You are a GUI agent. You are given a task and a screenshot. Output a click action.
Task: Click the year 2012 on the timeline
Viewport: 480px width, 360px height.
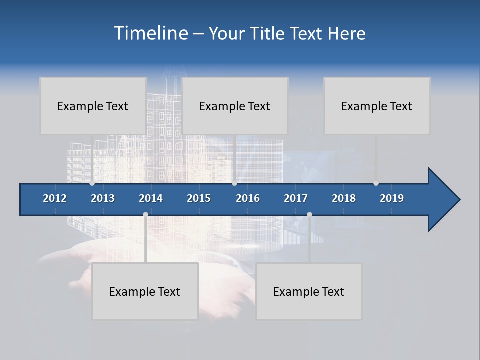click(55, 198)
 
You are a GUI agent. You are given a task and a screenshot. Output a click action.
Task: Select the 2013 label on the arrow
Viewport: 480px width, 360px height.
click(103, 198)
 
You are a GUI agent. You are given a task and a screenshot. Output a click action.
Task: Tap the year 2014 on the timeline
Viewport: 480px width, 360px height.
click(151, 198)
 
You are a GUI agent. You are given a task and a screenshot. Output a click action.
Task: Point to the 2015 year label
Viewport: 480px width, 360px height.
click(199, 198)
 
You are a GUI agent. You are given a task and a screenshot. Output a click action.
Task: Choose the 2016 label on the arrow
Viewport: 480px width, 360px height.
click(248, 198)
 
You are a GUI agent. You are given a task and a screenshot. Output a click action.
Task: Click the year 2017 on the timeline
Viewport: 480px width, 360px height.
click(296, 198)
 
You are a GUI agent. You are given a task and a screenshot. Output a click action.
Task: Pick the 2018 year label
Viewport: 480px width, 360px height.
click(344, 198)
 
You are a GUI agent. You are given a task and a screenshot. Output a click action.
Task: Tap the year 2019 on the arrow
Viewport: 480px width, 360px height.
click(392, 198)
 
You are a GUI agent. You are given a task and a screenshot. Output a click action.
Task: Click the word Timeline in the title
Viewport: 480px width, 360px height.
click(150, 33)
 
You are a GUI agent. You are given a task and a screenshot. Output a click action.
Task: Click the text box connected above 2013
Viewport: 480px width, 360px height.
click(93, 106)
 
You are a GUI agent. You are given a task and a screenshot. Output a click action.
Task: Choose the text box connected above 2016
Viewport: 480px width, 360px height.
click(235, 106)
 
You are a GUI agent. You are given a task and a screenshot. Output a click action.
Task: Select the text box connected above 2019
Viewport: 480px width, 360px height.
click(377, 106)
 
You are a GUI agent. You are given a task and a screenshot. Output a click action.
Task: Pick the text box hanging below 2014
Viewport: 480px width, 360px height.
click(145, 291)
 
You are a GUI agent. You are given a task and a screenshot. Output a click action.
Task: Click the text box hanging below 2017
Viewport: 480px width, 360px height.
click(309, 291)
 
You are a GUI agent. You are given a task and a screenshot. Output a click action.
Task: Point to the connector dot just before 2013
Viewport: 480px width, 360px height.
click(92, 183)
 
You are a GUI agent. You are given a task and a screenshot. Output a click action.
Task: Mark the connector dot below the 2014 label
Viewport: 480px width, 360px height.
click(145, 214)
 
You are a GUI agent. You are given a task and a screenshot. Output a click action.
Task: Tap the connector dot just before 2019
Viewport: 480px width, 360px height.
click(376, 183)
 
